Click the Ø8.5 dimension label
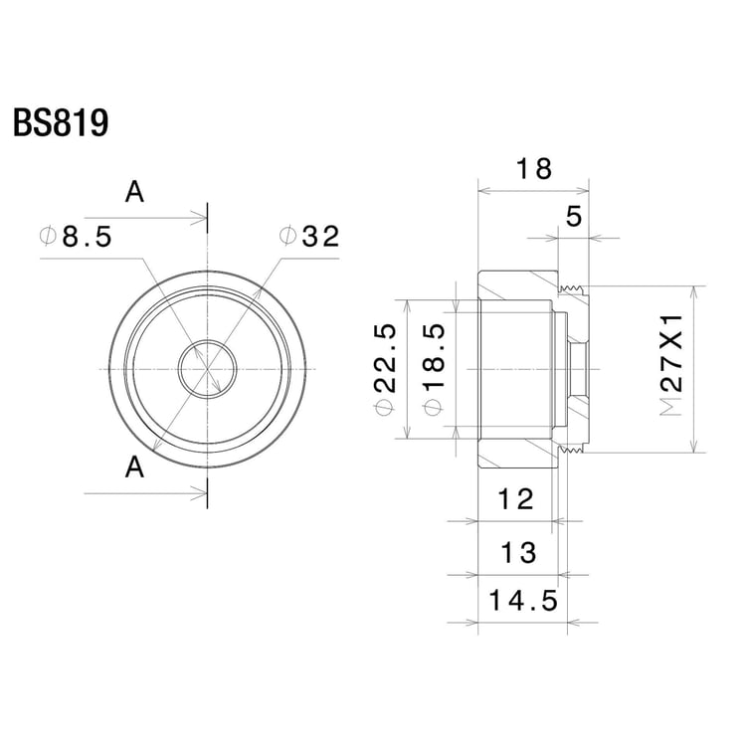pos(75,237)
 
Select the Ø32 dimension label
pos(309,237)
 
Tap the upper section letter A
pos(134,193)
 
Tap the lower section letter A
pos(135,466)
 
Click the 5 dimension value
pos(573,217)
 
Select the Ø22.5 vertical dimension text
pos(386,369)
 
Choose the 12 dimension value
pos(516,499)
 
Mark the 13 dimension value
pos(518,551)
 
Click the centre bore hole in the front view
pos(207,369)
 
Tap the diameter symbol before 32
pos(287,237)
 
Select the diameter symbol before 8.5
pos(47,237)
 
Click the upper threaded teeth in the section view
pos(570,289)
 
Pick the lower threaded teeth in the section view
pos(570,450)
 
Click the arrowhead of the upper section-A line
pos(200,217)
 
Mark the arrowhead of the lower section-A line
pos(200,490)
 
